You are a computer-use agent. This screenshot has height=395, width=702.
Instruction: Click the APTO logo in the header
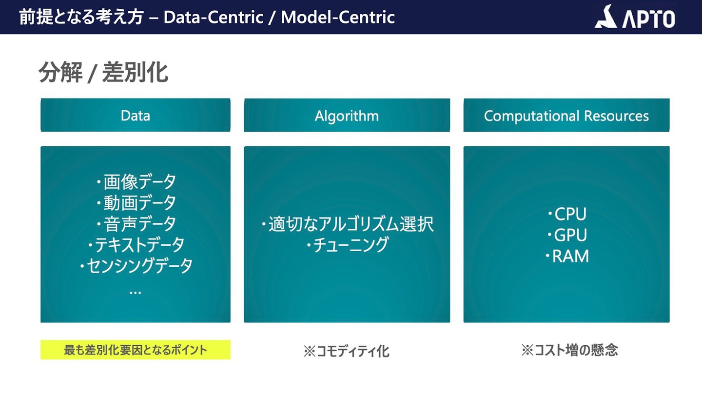click(635, 17)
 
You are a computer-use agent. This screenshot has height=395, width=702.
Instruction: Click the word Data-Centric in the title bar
click(213, 17)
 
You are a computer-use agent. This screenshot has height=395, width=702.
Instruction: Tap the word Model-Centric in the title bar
click(337, 17)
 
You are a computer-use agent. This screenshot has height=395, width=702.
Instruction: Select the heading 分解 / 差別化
click(103, 72)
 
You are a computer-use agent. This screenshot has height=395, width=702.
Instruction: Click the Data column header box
click(136, 115)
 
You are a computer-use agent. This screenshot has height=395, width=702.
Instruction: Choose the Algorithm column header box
click(347, 115)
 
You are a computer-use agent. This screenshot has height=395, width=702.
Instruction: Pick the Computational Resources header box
click(566, 115)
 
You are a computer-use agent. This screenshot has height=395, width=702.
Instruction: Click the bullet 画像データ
click(136, 181)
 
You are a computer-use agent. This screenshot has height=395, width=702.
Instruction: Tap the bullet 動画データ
click(136, 202)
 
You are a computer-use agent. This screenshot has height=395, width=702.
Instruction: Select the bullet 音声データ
click(136, 223)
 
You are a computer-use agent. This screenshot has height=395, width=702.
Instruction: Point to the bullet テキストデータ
click(136, 244)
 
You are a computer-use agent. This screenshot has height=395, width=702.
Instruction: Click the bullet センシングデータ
click(136, 266)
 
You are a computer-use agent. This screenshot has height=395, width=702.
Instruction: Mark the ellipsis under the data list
click(136, 293)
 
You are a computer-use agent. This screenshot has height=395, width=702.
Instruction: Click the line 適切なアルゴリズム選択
click(347, 224)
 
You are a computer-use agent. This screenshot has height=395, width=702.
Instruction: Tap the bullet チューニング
click(347, 245)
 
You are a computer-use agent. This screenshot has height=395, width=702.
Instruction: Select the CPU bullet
click(567, 214)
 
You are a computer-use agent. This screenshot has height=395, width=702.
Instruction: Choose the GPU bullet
click(567, 235)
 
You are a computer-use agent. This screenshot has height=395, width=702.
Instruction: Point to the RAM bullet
click(567, 256)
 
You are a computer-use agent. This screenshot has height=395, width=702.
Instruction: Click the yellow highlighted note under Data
click(136, 350)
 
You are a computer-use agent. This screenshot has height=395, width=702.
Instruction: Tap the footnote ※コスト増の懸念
click(569, 350)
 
